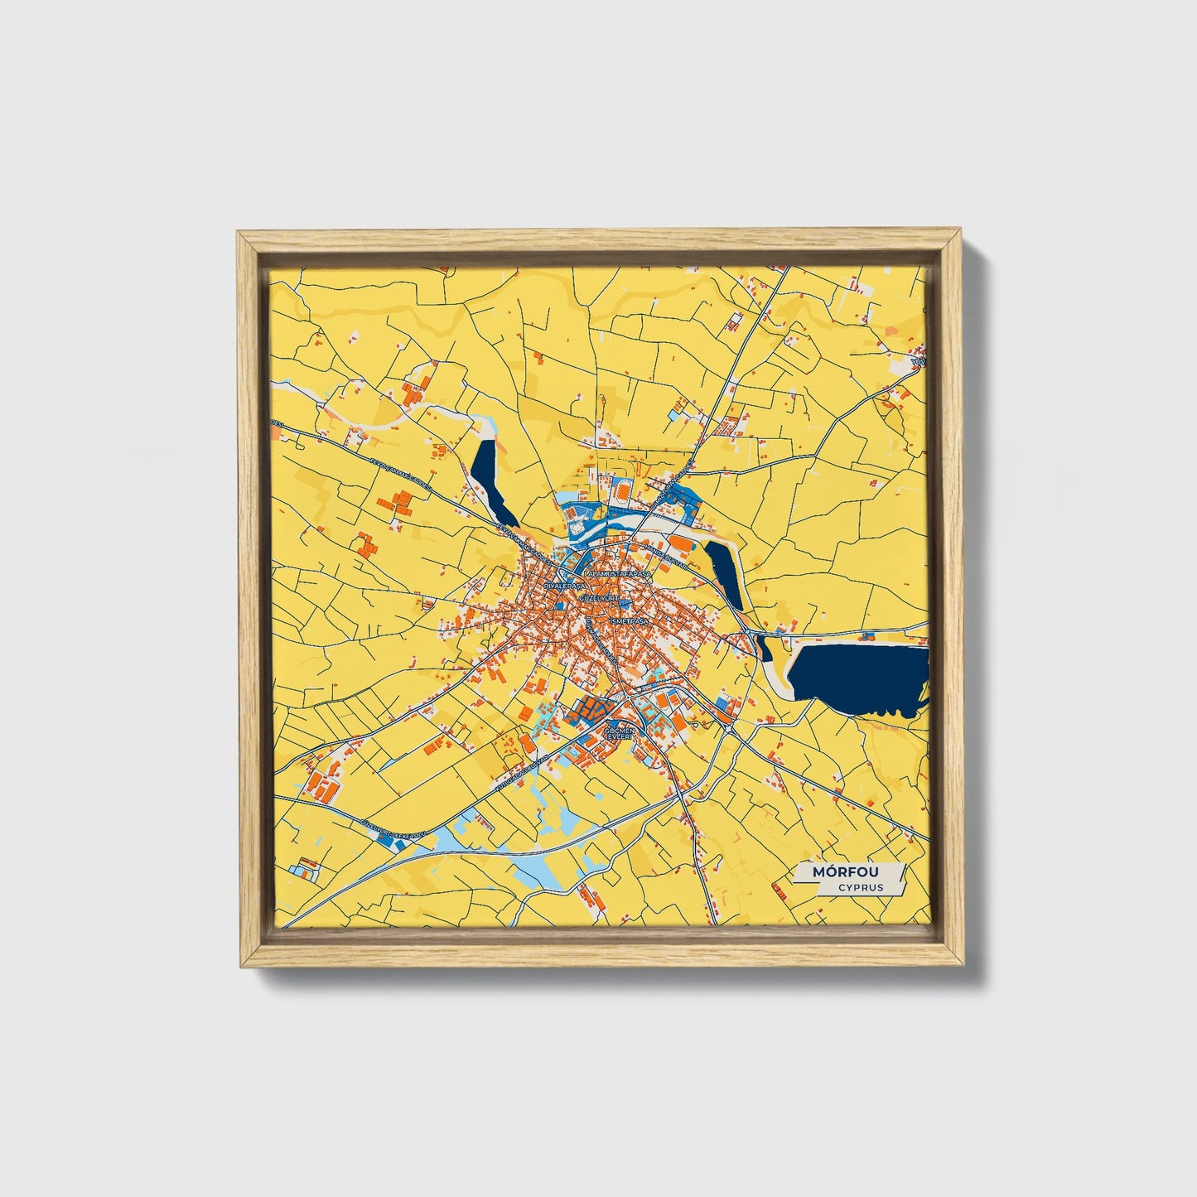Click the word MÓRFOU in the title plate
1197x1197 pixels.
coord(846,872)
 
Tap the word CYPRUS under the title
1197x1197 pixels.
coord(859,887)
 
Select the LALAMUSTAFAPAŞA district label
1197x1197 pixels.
coord(618,573)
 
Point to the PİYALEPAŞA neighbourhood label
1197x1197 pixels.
coord(565,585)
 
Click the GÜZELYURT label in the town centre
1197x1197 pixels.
coord(600,596)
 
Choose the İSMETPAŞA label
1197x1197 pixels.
coord(631,620)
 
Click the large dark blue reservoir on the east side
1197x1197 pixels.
coord(857,677)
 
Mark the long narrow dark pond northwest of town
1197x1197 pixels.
coord(492,481)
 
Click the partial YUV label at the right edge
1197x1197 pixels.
coord(919,362)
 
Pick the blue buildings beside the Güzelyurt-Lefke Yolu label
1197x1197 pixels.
coord(384,838)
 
